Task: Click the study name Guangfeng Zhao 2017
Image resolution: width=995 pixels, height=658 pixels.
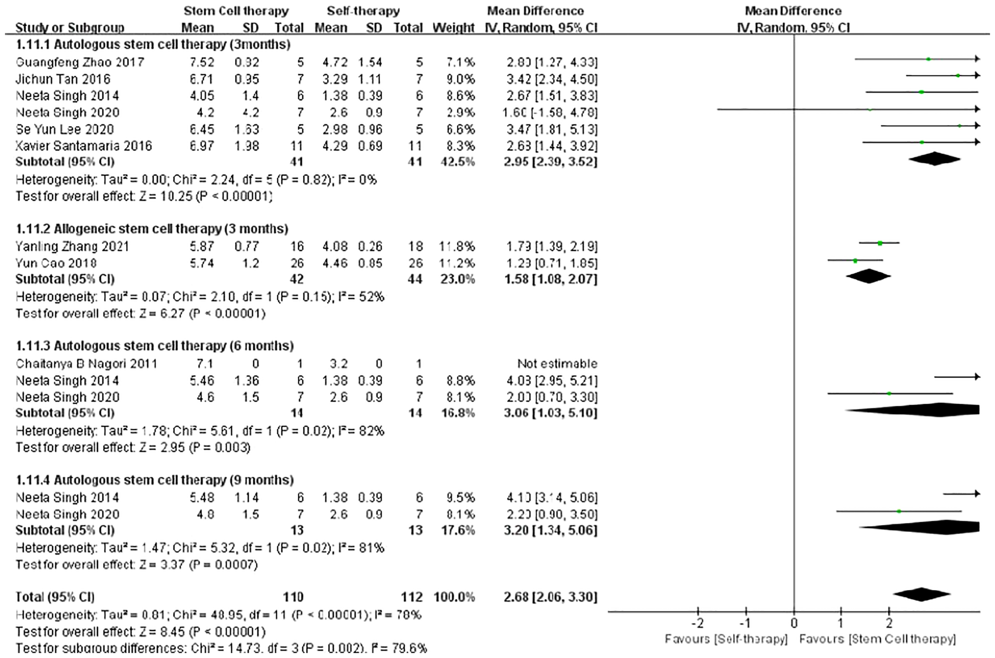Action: pos(80,62)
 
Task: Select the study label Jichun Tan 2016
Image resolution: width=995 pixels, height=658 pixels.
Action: pos(63,79)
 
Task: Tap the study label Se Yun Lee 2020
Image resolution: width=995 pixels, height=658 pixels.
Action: pos(64,129)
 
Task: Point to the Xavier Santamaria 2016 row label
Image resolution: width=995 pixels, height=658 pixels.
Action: pos(84,146)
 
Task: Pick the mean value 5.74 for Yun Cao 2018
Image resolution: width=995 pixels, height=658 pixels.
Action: pos(201,263)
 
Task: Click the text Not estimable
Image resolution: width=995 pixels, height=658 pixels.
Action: pos(557,363)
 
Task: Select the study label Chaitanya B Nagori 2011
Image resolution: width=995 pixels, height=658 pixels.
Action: pos(86,363)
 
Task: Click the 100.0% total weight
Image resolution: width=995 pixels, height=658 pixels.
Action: pos(454,597)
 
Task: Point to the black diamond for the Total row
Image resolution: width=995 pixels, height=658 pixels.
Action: pos(922,594)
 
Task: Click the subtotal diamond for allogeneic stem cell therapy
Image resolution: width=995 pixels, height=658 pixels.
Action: pos(868,276)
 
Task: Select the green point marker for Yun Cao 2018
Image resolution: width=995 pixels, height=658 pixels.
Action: pos(855,261)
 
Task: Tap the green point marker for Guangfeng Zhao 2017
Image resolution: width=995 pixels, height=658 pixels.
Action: pos(928,59)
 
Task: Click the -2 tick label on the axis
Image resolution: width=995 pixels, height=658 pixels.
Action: pos(698,623)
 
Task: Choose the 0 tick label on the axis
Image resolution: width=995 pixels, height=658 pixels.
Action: pos(794,623)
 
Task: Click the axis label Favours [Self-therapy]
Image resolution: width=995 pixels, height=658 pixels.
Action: pos(726,639)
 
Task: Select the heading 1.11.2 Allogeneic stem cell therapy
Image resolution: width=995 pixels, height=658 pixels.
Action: pos(152,229)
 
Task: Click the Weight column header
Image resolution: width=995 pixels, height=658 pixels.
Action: pos(453,28)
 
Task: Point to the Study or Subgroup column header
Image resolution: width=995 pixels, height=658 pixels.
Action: pos(70,28)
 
